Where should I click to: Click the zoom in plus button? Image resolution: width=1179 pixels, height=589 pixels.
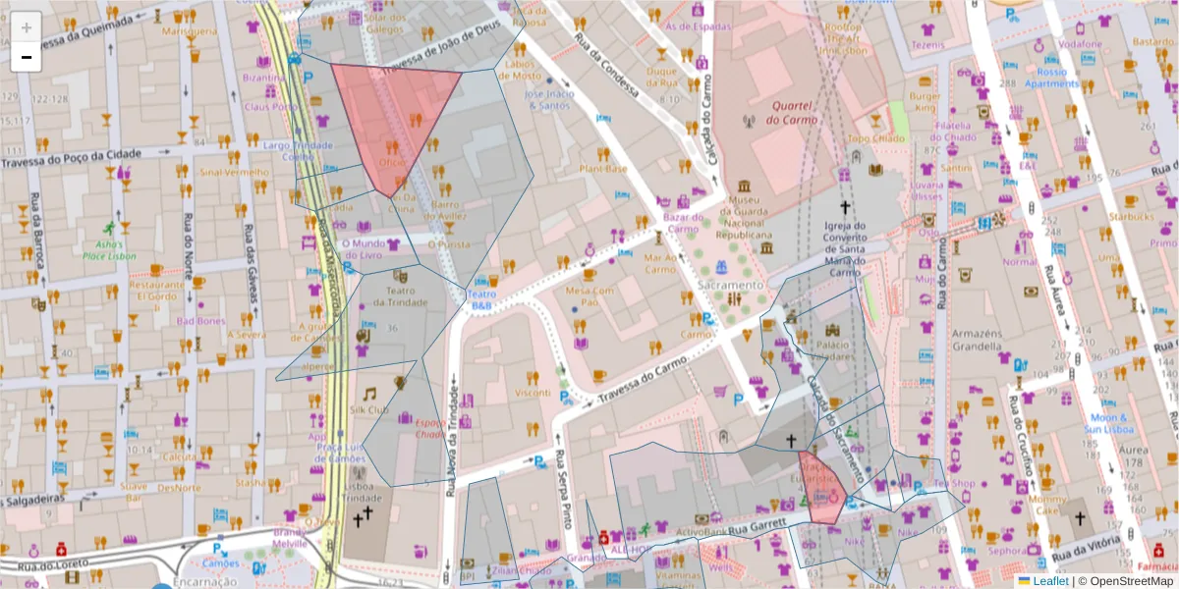point(27,27)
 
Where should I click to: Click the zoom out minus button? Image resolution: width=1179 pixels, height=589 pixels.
point(27,57)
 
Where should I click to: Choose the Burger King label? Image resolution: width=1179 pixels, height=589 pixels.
point(924,103)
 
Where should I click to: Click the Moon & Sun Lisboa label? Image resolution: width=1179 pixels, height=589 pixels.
point(1112,423)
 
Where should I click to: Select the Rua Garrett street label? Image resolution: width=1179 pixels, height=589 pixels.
point(758,529)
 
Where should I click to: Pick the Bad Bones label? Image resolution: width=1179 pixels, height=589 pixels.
point(200,321)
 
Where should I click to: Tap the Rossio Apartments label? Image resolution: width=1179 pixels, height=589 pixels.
point(1051,78)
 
